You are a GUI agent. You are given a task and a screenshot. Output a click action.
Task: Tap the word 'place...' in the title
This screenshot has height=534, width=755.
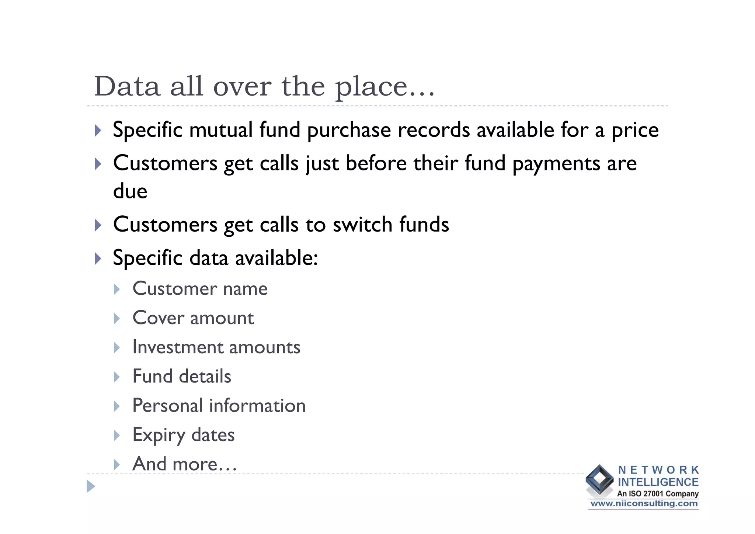point(385,87)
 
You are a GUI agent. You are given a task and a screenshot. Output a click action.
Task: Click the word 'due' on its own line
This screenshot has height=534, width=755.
point(130,191)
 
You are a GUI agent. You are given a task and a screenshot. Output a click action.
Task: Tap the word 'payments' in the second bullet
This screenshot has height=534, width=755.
point(556,164)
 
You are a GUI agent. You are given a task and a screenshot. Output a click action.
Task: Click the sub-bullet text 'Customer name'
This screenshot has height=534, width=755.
point(200,288)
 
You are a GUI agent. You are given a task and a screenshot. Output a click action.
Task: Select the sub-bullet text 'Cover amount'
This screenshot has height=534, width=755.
point(193,318)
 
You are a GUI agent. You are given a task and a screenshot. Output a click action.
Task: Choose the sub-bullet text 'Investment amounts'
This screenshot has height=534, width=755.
point(216,347)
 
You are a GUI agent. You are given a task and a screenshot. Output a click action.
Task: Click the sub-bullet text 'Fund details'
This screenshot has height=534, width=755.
point(182,376)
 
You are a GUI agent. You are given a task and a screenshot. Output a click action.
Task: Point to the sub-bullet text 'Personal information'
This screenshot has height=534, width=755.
point(219,406)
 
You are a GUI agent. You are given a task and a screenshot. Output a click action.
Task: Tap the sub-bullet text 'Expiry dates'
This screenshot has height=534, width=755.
point(183,435)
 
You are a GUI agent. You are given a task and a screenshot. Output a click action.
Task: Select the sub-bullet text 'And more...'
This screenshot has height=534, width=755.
point(184,464)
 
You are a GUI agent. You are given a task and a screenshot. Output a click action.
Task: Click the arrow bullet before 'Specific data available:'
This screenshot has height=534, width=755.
point(98,258)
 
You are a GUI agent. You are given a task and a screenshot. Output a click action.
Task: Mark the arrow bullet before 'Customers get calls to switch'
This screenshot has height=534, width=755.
point(98,225)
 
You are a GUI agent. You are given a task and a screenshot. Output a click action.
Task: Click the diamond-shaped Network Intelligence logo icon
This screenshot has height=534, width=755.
point(599,480)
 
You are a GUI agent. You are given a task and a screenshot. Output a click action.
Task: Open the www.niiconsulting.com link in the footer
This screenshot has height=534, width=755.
point(644,504)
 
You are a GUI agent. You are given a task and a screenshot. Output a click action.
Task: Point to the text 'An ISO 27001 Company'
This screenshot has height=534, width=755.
point(658,493)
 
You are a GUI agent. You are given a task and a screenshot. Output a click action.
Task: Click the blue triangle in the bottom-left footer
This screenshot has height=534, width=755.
point(91,486)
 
